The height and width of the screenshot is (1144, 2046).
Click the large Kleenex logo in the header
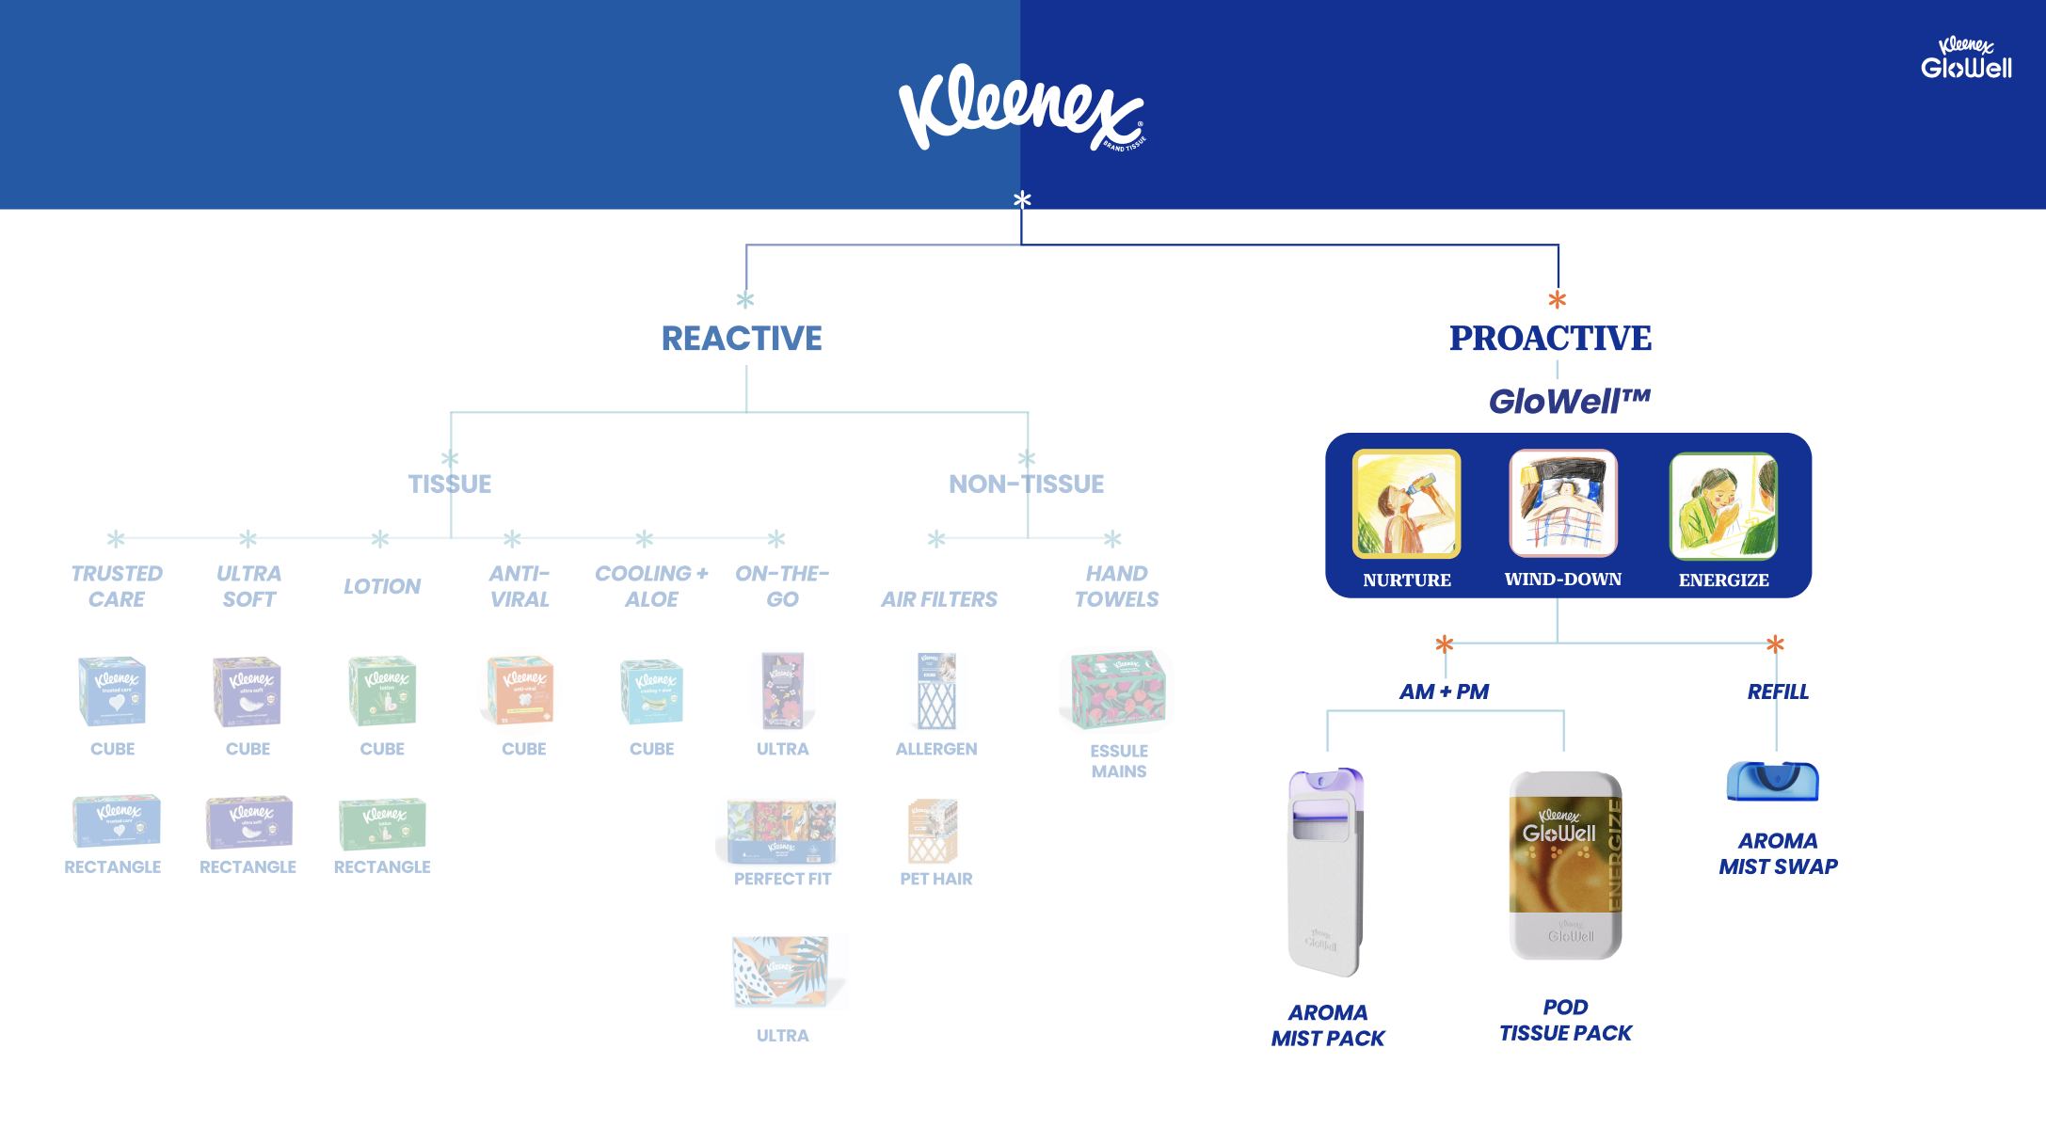pyautogui.click(x=1021, y=106)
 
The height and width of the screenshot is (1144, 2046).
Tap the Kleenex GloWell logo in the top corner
pyautogui.click(x=1966, y=58)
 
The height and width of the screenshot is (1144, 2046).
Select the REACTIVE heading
pyautogui.click(x=742, y=339)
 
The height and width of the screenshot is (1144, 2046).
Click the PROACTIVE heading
pyautogui.click(x=1550, y=339)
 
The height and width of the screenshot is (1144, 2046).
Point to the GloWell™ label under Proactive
pyautogui.click(x=1569, y=402)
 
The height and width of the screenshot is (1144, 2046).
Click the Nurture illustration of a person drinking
pyautogui.click(x=1406, y=503)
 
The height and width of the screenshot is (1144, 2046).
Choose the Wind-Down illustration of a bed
pyautogui.click(x=1562, y=503)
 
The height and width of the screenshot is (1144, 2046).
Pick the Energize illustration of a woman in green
pyautogui.click(x=1723, y=505)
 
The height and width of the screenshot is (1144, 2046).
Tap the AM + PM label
pyautogui.click(x=1444, y=692)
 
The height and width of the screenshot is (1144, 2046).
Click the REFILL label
pyautogui.click(x=1778, y=692)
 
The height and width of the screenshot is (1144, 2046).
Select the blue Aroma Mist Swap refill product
pyautogui.click(x=1773, y=781)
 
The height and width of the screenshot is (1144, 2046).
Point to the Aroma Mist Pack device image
pyautogui.click(x=1326, y=871)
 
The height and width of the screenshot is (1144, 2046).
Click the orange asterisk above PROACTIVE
pyautogui.click(x=1558, y=300)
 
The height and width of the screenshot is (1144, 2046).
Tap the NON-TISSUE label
pyautogui.click(x=1026, y=485)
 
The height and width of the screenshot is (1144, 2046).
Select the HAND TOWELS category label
pyautogui.click(x=1116, y=586)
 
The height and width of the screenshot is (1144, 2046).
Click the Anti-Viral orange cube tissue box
pyautogui.click(x=520, y=691)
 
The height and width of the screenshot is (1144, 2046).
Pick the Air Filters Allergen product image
pyautogui.click(x=936, y=691)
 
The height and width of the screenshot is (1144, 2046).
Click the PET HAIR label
pyautogui.click(x=936, y=879)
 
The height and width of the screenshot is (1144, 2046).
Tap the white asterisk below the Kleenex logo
pyautogui.click(x=1022, y=199)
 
